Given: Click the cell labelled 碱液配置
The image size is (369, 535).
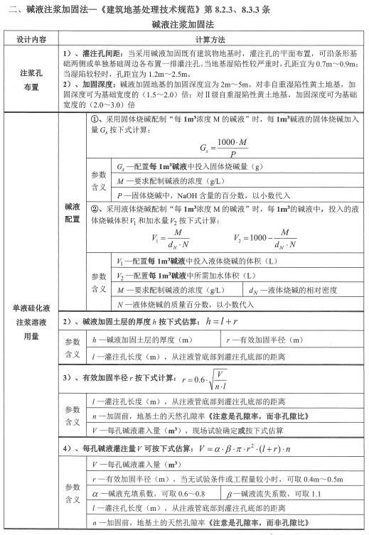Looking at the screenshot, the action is tap(73, 212).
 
